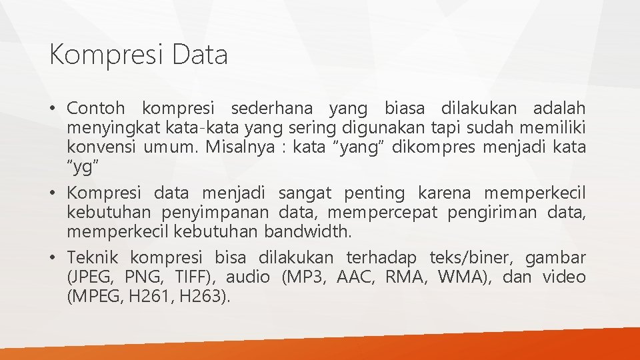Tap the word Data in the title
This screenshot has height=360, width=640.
(x=199, y=54)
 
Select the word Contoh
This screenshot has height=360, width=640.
(x=96, y=107)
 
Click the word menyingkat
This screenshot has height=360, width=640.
(x=109, y=127)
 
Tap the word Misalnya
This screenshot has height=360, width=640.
(x=238, y=147)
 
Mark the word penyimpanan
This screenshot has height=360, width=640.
(x=215, y=213)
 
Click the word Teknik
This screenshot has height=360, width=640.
(x=93, y=257)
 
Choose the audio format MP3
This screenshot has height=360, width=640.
(x=307, y=277)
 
